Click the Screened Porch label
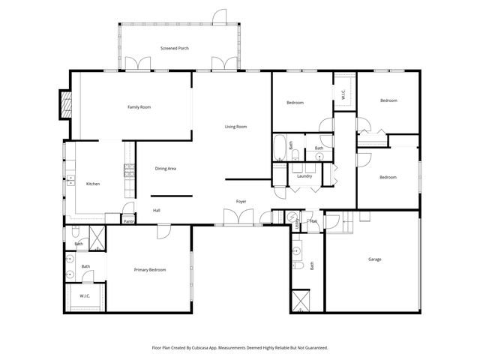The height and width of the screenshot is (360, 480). click(x=174, y=48)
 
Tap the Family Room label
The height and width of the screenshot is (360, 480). click(x=139, y=107)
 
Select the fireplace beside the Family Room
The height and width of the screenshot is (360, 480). click(x=65, y=105)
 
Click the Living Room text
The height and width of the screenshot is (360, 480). click(x=235, y=126)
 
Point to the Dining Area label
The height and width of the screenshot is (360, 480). click(x=165, y=169)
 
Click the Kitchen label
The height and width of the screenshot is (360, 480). click(x=93, y=184)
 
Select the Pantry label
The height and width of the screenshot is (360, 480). click(x=128, y=221)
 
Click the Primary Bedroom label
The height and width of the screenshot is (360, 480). click(x=150, y=269)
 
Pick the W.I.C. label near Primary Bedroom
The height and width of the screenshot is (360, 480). click(x=85, y=296)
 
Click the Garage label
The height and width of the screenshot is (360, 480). click(x=374, y=259)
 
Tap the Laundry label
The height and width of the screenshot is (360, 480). click(x=304, y=176)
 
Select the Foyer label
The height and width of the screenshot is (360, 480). click(x=241, y=201)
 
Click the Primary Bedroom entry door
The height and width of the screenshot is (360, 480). click(x=161, y=232)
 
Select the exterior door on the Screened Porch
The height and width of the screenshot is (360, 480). click(x=220, y=16)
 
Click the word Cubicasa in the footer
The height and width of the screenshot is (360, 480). click(x=198, y=347)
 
